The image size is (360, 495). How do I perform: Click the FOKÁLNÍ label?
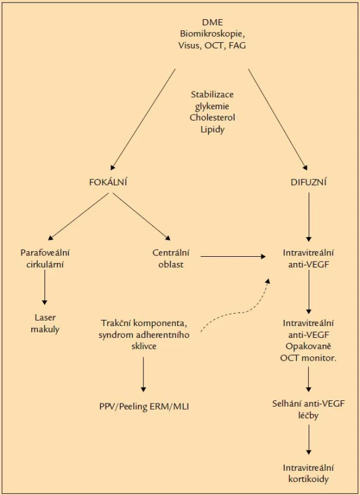(108, 182)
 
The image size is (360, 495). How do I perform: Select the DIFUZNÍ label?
(309, 182)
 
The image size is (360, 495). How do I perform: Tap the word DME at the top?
(212, 22)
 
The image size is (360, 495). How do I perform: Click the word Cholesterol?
(212, 118)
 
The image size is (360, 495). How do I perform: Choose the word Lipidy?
(212, 129)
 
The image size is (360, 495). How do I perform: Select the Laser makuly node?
(45, 323)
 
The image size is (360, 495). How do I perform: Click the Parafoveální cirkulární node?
(45, 258)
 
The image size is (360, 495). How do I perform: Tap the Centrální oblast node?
(171, 258)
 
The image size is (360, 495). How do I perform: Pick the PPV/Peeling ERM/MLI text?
(144, 407)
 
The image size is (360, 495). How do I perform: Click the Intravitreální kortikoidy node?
(309, 473)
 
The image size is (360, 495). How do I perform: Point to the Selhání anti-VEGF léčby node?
(309, 409)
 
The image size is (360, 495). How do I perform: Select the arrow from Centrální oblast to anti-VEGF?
(233, 257)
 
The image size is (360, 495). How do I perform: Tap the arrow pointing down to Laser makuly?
(45, 288)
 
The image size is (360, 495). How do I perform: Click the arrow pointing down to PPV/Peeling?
(144, 374)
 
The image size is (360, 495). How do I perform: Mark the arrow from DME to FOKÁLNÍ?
(143, 119)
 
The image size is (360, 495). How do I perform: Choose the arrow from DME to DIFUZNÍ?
(278, 119)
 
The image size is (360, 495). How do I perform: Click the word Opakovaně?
(308, 346)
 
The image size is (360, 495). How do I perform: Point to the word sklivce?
(144, 346)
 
